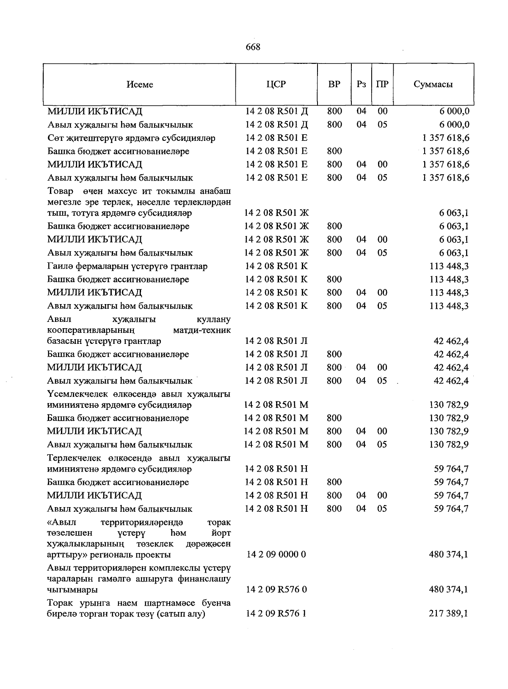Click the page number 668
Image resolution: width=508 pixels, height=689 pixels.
253,47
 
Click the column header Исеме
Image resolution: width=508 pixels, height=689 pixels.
140,84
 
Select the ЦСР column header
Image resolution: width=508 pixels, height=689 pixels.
276,84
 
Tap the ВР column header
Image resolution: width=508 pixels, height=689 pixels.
334,84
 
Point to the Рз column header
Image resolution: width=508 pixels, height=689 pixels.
361,84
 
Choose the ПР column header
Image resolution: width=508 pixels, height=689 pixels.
382,84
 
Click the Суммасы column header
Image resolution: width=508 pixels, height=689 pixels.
433,84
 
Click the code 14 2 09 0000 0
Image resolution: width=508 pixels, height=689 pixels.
276,554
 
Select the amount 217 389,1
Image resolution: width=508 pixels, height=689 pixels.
448,614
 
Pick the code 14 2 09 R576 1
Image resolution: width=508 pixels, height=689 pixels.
276,614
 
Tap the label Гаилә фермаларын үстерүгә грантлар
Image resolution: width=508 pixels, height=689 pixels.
127,266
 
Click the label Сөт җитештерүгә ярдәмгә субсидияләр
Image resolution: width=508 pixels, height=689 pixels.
131,138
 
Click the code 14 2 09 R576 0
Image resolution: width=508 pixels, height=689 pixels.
276,589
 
